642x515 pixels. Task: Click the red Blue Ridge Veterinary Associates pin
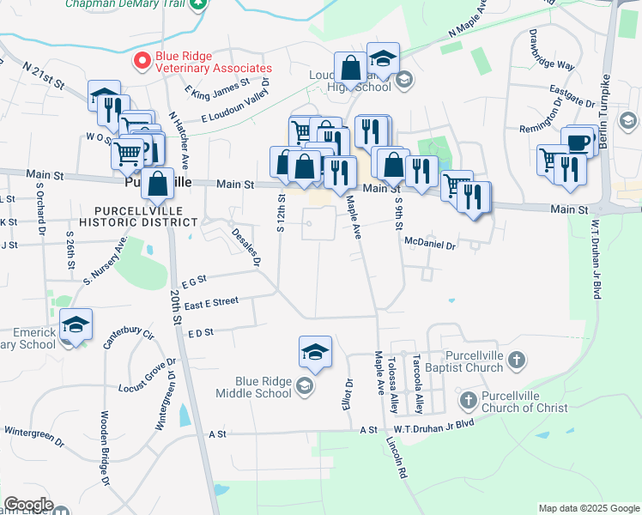[142, 61]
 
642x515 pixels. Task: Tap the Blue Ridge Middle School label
[264, 387]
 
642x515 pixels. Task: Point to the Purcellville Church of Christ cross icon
[468, 399]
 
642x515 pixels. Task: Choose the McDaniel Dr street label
[429, 245]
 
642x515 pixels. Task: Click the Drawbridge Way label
[551, 53]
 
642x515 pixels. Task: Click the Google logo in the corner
[28, 504]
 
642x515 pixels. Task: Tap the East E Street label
[211, 302]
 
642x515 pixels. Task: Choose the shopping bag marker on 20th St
[158, 183]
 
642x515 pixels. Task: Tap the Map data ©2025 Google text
[588, 508]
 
